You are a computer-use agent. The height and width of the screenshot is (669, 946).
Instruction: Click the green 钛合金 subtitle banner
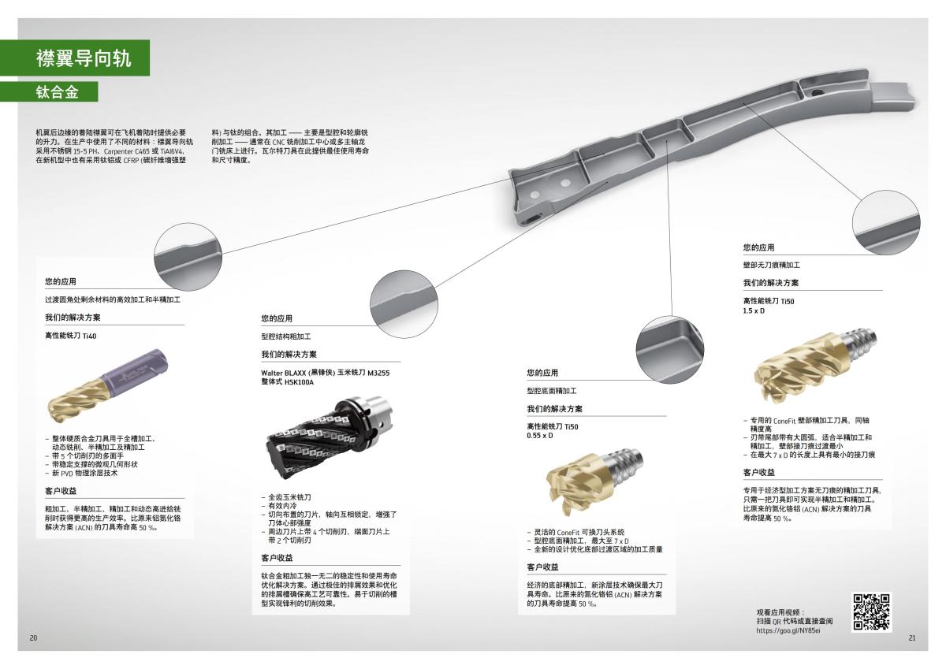coord(58,92)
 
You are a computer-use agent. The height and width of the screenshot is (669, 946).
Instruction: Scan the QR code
coord(871,611)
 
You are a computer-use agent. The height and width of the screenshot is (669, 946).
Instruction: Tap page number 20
coord(33,637)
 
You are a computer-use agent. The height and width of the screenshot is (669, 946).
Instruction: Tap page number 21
coord(912,637)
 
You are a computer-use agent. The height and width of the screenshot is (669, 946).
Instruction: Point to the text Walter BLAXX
coord(286,373)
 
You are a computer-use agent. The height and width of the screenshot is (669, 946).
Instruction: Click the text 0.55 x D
coord(540,435)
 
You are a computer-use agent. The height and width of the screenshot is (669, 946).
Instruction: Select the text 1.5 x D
coord(754,310)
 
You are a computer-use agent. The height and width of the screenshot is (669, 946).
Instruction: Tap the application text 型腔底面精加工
coord(552,391)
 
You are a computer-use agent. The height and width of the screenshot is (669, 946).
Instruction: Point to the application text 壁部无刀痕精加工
coord(771,266)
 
